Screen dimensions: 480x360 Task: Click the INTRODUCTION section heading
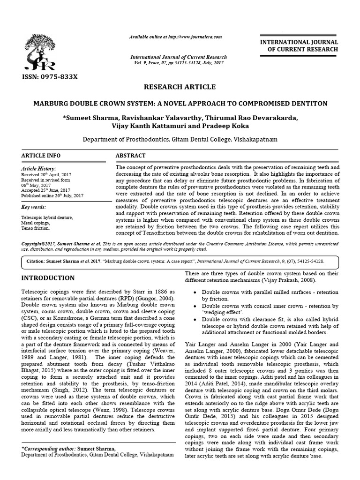coord(48,278)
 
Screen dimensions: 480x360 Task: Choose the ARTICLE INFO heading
coord(41,156)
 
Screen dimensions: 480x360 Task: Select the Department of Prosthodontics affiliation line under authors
coord(180,139)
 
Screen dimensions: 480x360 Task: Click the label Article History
coord(38,168)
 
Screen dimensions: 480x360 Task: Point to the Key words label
coord(34,207)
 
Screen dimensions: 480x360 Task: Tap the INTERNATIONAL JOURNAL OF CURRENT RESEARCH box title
coord(301,46)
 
